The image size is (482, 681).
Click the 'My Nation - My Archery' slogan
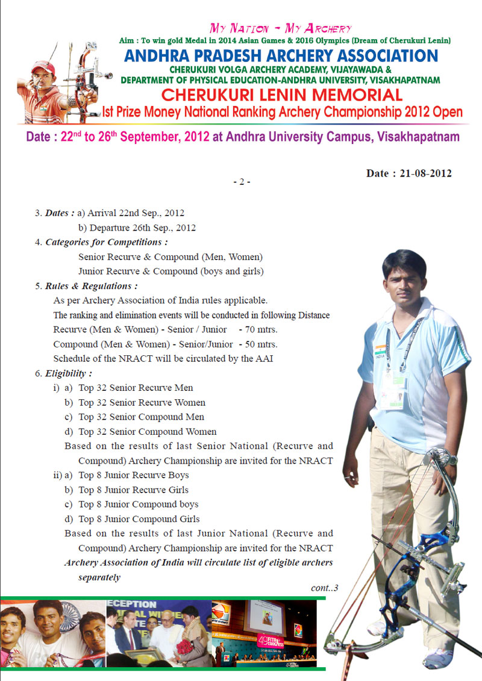pyautogui.click(x=280, y=28)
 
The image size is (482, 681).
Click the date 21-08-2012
pyautogui.click(x=408, y=173)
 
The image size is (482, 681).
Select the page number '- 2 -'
pyautogui.click(x=241, y=181)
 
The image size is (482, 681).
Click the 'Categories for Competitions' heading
pyautogui.click(x=106, y=242)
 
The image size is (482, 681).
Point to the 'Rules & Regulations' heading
pyautogui.click(x=91, y=286)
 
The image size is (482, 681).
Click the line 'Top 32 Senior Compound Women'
pyautogui.click(x=147, y=432)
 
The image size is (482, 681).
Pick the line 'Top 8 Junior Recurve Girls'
pyautogui.click(x=133, y=490)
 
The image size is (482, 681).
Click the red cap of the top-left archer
pyautogui.click(x=43, y=66)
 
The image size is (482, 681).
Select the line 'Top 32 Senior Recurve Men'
pyautogui.click(x=136, y=388)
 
